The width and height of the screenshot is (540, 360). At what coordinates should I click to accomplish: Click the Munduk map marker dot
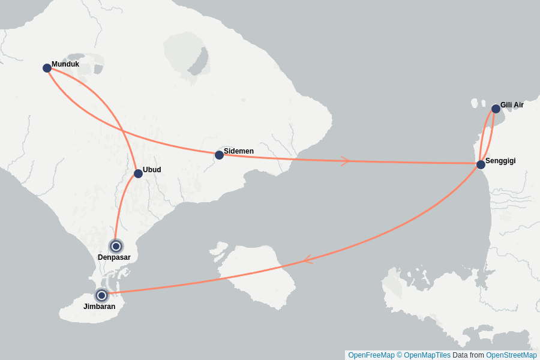(x=47, y=68)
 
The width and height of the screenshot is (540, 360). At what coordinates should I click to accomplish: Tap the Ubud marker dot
(x=138, y=173)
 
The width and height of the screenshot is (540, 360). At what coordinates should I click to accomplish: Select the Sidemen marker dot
(x=219, y=155)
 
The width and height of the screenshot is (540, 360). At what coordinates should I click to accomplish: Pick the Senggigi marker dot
(x=481, y=164)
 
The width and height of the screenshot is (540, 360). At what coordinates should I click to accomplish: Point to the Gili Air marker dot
(x=496, y=109)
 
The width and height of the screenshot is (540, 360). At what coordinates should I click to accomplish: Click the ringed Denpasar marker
(x=116, y=246)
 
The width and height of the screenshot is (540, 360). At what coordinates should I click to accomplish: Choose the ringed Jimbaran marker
(x=102, y=295)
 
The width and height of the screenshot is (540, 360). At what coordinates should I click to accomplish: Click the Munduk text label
(x=65, y=64)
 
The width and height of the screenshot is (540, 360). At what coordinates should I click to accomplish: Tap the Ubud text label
(x=152, y=170)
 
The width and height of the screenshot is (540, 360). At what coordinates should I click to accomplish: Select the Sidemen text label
(x=239, y=151)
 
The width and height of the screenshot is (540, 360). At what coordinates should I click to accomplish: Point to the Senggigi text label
(x=500, y=161)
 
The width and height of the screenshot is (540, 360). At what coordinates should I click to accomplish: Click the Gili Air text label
(x=512, y=105)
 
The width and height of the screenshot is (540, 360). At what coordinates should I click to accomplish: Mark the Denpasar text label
(x=114, y=257)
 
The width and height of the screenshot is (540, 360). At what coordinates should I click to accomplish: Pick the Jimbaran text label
(x=99, y=307)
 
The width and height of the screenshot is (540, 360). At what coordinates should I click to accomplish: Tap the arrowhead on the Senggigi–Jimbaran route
(x=307, y=259)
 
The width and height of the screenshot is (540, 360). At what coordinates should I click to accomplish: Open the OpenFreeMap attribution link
(x=371, y=355)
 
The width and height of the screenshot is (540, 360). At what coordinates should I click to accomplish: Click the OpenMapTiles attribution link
(x=427, y=355)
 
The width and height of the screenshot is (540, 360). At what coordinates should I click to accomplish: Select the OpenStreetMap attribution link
(x=511, y=355)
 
